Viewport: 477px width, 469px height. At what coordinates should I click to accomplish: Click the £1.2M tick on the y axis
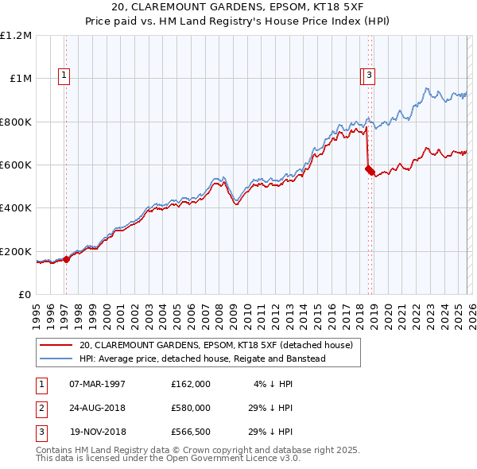pos(16,36)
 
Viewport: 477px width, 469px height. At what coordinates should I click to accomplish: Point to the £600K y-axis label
pos(16,165)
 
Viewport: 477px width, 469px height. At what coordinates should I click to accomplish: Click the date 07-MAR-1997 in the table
pos(97,384)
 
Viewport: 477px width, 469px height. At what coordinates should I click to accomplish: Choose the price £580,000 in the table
pos(191,409)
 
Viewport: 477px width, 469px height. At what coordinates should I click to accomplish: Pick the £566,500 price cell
pos(191,433)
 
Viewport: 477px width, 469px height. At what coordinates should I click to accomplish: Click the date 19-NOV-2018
pos(97,433)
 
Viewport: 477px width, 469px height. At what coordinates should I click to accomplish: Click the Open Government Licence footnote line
pos(169,459)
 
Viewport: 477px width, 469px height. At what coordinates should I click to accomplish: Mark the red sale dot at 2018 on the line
pos(368,168)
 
